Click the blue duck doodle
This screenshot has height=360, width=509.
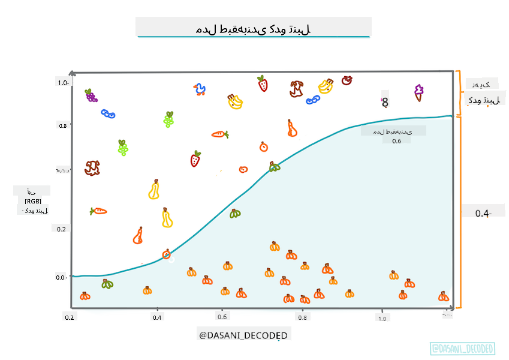click(200, 90)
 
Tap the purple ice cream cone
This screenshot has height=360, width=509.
click(418, 92)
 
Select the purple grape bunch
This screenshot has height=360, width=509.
click(91, 95)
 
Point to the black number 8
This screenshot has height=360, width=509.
click(385, 103)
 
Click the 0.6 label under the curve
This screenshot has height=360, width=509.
click(396, 141)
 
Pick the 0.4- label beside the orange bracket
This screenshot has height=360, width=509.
click(483, 213)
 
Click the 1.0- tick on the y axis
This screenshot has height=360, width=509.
click(64, 82)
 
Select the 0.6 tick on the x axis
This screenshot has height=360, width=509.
click(222, 317)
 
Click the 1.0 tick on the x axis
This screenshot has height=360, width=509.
click(381, 318)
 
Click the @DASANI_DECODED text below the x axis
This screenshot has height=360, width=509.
click(243, 335)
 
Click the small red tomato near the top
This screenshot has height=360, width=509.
click(347, 80)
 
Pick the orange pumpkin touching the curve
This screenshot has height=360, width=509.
click(167, 254)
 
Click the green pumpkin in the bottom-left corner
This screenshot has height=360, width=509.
click(107, 284)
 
